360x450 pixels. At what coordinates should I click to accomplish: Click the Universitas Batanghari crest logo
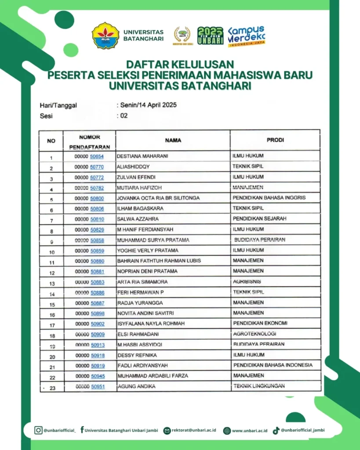tap(105, 35)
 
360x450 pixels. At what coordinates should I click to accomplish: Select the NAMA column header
tap(173, 141)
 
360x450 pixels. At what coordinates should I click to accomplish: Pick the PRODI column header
tap(275, 140)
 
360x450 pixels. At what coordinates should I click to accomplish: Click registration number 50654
tap(97, 156)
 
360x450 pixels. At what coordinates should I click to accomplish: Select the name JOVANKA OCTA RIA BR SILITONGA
tap(158, 198)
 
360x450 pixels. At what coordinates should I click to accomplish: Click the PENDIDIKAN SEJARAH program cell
tap(260, 219)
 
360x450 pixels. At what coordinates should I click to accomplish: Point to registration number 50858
tap(97, 240)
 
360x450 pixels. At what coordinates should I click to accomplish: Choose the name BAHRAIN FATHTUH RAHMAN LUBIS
tap(159, 261)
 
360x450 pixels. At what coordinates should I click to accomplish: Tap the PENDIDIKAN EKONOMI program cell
tap(260, 323)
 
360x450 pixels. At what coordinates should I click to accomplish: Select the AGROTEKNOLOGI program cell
tap(255, 334)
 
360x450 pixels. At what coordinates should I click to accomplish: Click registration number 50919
tap(98, 366)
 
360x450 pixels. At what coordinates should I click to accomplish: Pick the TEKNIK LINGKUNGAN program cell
tap(259, 386)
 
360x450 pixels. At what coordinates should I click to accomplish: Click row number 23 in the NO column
tap(51, 388)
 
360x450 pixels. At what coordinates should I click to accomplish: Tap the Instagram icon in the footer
tap(39, 430)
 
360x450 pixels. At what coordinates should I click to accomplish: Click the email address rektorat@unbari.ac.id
tap(194, 431)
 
